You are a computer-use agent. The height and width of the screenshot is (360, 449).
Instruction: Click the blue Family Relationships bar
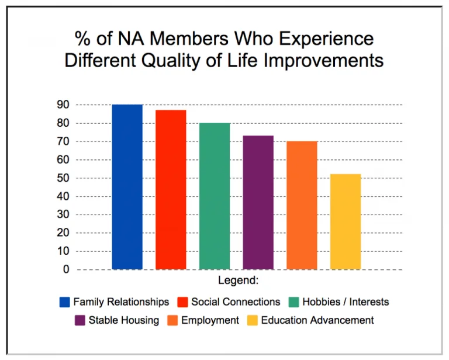coord(127,187)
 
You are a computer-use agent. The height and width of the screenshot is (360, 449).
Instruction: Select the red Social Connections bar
coord(171,189)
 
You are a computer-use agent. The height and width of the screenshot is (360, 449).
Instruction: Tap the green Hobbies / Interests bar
coord(215,196)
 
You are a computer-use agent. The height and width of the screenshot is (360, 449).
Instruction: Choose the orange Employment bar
coord(302,205)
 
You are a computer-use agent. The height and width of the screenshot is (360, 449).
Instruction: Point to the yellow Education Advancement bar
coord(346,221)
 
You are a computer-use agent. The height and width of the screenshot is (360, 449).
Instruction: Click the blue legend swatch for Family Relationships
coord(65,302)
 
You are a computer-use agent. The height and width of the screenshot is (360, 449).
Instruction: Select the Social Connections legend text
coord(236,302)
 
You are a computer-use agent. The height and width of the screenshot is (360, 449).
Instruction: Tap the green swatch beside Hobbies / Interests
coord(293,302)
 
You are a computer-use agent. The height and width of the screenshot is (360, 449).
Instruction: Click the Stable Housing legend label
coord(123,320)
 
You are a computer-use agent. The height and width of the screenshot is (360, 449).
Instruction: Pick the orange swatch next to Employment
coord(173,320)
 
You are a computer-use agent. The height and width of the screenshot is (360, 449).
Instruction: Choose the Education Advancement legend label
coord(317,320)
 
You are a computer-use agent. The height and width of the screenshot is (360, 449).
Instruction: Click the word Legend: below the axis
coord(238,281)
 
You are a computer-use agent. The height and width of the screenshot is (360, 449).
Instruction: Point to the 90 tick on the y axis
coord(63,105)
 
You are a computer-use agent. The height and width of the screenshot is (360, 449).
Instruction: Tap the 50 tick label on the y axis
coord(63,178)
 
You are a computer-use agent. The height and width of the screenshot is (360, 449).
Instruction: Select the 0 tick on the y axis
coord(66,269)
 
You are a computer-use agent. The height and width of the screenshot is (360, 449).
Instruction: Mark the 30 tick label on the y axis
coord(63,214)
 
